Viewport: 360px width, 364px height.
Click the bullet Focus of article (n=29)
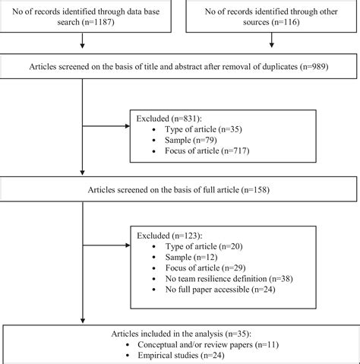(x=205, y=269)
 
